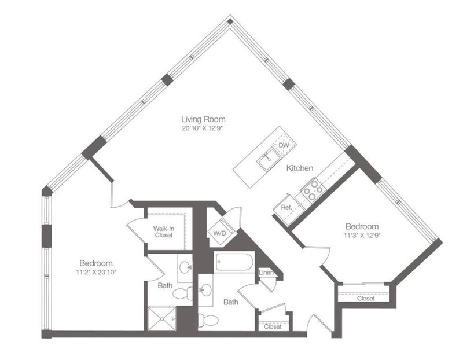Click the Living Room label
[203, 119]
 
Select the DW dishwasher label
[284, 145]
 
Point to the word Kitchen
[300, 168]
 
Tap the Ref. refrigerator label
[286, 207]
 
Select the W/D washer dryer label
[220, 233]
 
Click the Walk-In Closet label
[164, 232]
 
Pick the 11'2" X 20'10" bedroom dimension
[96, 272]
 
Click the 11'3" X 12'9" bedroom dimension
[362, 236]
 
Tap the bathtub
[234, 262]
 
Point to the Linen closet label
[266, 273]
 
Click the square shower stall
[162, 319]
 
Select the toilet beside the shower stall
[182, 294]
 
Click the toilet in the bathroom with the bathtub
[208, 320]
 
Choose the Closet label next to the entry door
[273, 326]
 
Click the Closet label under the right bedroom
[366, 299]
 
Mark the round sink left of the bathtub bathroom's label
[205, 289]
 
